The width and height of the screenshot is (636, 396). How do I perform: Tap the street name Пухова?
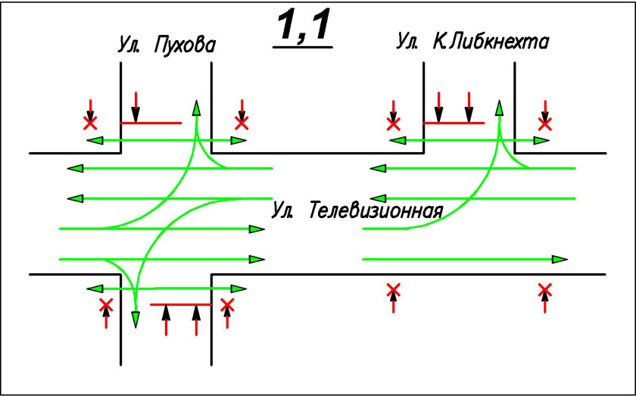coord(184,45)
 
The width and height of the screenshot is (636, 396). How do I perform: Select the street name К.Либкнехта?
coord(491,41)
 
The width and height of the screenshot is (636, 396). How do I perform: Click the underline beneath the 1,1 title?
coord(303,48)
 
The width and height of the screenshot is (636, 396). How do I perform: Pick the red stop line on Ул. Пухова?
coord(151,122)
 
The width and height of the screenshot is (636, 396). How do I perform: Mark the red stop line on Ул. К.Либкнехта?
coord(454,122)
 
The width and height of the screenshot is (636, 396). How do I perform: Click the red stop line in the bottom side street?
coord(181,304)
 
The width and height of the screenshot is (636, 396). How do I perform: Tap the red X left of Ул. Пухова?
coord(90,121)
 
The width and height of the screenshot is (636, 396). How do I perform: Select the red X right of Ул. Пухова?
coord(242,121)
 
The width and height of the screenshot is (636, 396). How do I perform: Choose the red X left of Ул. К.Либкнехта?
coord(393,122)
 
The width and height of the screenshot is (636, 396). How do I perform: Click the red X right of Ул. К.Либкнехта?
coord(544,122)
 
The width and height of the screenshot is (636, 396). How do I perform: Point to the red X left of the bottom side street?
coord(106,305)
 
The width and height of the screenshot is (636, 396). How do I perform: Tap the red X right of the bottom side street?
coord(227,305)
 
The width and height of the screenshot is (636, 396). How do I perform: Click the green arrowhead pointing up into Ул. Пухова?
coord(196,107)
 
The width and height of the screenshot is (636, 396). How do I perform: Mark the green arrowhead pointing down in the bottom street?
coord(136,320)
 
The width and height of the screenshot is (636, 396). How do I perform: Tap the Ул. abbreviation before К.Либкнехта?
coord(407,41)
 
